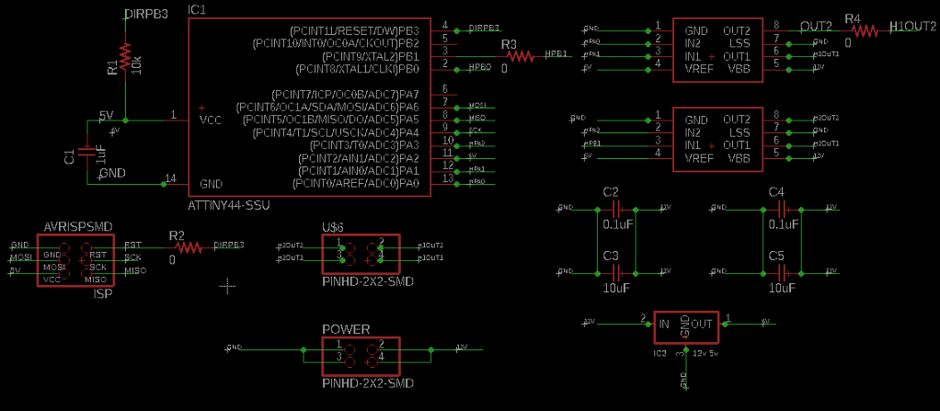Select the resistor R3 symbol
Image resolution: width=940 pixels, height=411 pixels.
(x=520, y=56)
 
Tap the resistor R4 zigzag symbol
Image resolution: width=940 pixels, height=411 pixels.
(x=864, y=30)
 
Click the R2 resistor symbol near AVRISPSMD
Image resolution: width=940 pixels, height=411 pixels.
(x=189, y=246)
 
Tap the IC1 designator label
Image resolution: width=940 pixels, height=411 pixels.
(x=197, y=9)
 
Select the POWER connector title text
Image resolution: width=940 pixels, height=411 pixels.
(x=346, y=329)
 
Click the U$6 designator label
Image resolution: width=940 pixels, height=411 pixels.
(x=332, y=227)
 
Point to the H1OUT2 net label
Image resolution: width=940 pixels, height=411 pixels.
(x=914, y=29)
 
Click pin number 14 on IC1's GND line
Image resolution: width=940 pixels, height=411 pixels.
(x=169, y=177)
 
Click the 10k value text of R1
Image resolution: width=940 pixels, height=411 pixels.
(x=135, y=65)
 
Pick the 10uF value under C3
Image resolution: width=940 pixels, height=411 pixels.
(x=616, y=288)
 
